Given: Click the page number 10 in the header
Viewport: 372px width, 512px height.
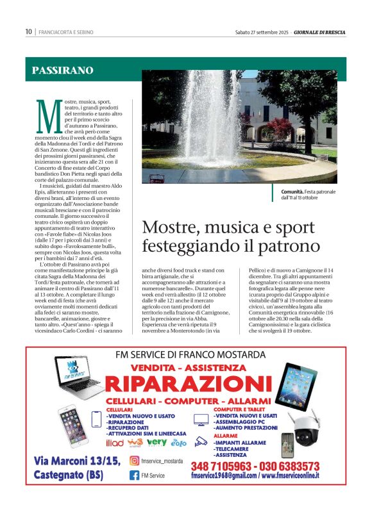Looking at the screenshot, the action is pos(28,31).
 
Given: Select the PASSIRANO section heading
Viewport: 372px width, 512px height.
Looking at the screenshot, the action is pos(62,70).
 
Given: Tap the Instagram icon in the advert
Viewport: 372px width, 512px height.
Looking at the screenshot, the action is pos(134,461).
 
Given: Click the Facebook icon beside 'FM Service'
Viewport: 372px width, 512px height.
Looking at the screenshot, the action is pos(134,475).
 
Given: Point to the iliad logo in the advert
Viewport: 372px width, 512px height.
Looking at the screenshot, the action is pos(115,442).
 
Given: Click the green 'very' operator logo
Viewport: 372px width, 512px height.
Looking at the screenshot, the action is pos(156,442).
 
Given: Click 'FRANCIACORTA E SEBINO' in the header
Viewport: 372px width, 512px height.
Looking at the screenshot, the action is pos(67,31).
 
